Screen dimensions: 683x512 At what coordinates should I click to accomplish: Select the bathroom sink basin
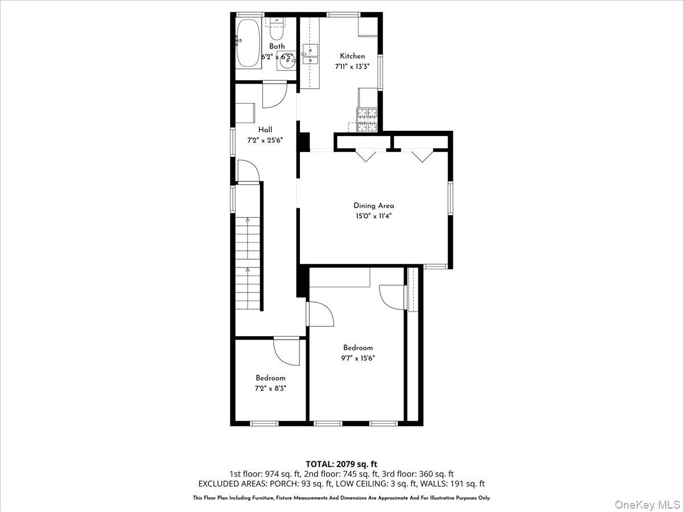pos(286,62)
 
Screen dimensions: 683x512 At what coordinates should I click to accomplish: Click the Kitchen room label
pos(352,56)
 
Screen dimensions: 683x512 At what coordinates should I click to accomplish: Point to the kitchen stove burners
pos(367,119)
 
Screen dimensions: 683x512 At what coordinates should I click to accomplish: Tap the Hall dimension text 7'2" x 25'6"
pos(265,139)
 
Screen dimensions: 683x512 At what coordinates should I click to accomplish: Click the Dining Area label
pos(373,206)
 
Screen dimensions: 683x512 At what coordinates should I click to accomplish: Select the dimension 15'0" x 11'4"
pos(373,216)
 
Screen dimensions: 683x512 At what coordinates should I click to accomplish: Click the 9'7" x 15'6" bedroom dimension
pos(358,358)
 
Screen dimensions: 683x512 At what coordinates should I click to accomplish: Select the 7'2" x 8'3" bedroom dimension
pos(270,388)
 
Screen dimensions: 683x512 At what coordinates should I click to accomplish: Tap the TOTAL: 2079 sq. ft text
pos(341,464)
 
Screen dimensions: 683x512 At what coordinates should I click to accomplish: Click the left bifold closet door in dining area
pos(365,155)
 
